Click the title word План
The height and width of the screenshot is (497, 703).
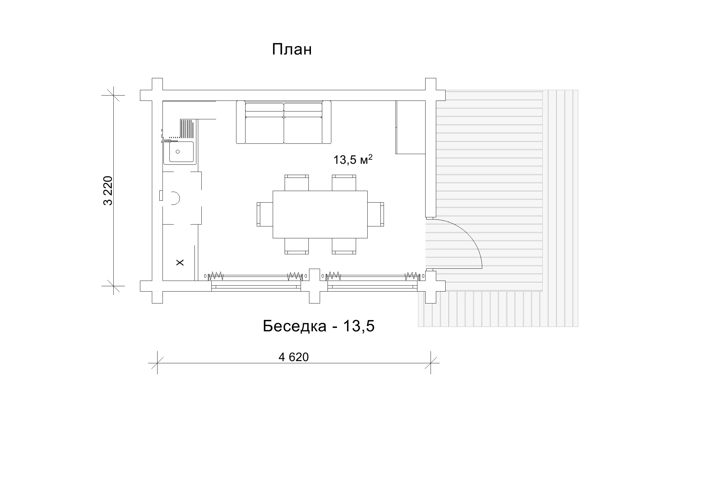tap(292, 49)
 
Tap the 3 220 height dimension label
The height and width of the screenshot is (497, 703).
tap(108, 190)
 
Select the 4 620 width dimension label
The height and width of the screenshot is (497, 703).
tap(293, 357)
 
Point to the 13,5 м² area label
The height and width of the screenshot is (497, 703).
tap(353, 159)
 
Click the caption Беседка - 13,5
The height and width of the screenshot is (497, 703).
tap(318, 326)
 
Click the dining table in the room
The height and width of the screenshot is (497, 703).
tap(320, 214)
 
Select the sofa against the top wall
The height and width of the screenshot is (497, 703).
tap(283, 122)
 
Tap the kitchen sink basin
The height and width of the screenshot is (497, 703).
tap(181, 152)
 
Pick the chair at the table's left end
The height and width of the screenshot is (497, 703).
tap(265, 214)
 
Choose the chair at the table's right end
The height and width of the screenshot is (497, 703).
tap(376, 214)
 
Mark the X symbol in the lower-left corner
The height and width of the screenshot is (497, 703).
tap(180, 262)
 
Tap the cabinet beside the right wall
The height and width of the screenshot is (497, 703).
tap(411, 127)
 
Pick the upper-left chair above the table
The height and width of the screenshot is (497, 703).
tap(297, 183)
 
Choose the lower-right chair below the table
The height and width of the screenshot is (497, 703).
tap(344, 246)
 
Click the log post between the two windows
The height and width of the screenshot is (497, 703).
tap(315, 286)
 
